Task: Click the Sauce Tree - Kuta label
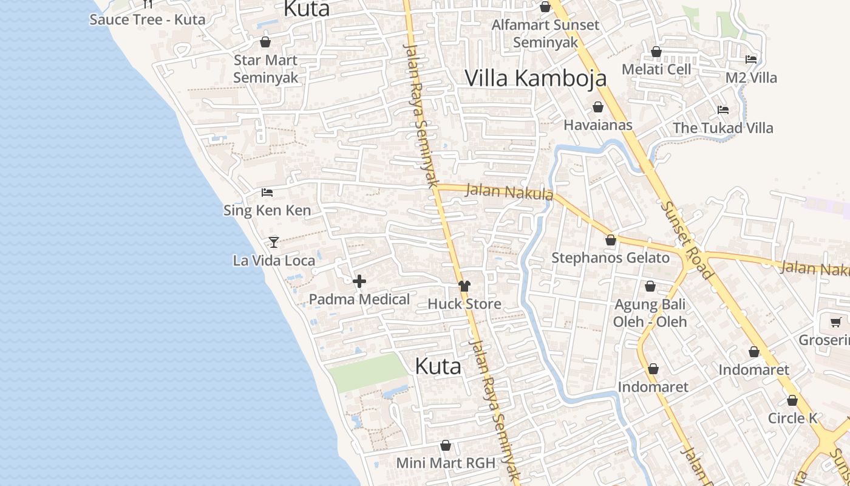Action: pyautogui.click(x=148, y=19)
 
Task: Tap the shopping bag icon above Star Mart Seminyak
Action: pyautogui.click(x=265, y=42)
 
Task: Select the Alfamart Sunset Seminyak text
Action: pyautogui.click(x=545, y=33)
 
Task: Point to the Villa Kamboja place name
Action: pyautogui.click(x=535, y=78)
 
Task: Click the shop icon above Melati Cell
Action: pyautogui.click(x=656, y=52)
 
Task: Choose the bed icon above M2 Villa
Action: pyautogui.click(x=751, y=60)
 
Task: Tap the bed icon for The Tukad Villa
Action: pyautogui.click(x=723, y=110)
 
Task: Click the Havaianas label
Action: pyautogui.click(x=598, y=125)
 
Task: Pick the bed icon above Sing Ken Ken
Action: pyautogui.click(x=267, y=193)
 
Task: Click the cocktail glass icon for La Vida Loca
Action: pyautogui.click(x=274, y=242)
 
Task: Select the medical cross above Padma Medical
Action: pyautogui.click(x=359, y=281)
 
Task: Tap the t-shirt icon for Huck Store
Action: pyautogui.click(x=464, y=286)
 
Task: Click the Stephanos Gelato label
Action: pyautogui.click(x=610, y=258)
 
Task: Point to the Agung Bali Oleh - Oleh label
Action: pyautogui.click(x=650, y=313)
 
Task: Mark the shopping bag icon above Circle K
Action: pyautogui.click(x=792, y=400)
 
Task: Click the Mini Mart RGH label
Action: pyautogui.click(x=446, y=463)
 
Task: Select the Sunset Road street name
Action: pyautogui.click(x=687, y=240)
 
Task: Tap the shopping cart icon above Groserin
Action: pyautogui.click(x=836, y=323)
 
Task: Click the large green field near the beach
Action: pyautogui.click(x=367, y=372)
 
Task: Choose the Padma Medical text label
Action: pyautogui.click(x=359, y=299)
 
